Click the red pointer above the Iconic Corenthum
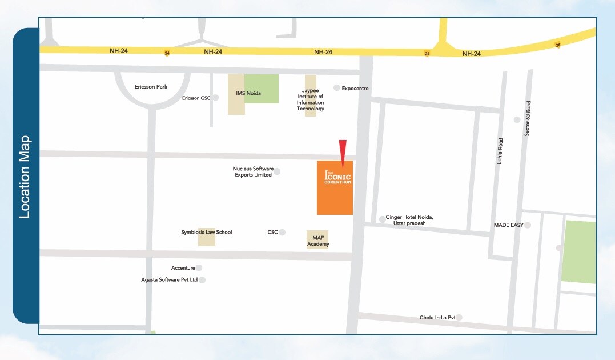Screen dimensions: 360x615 [x=342, y=150]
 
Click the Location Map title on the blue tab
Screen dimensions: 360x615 [x=25, y=177]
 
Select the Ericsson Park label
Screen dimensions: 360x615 [x=151, y=87]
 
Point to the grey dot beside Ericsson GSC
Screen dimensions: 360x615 [x=215, y=98]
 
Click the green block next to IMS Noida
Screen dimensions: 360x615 [x=262, y=89]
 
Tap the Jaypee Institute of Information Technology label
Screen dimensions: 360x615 [x=311, y=99]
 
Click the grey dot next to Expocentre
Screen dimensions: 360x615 [x=336, y=89]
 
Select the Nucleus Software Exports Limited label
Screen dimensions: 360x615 [x=253, y=171]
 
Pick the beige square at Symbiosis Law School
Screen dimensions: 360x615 [x=207, y=237]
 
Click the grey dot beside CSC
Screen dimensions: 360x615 [x=282, y=233]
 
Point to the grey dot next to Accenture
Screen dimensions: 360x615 [x=199, y=268]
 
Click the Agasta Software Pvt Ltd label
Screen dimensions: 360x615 [x=169, y=280]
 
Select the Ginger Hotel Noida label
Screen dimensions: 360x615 [x=409, y=220]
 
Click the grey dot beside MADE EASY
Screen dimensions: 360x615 [x=528, y=225]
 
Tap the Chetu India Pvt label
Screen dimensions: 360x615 [x=437, y=317]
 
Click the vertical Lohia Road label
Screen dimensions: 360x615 [x=500, y=151]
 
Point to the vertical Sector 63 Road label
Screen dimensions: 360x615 [x=528, y=118]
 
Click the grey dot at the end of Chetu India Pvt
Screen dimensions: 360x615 [x=459, y=317]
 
